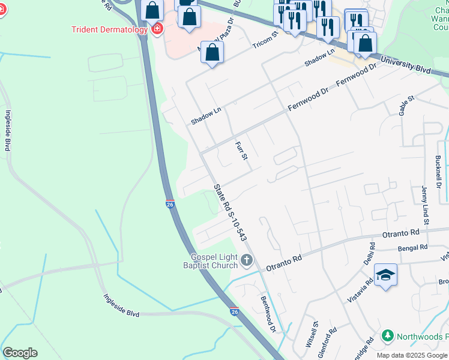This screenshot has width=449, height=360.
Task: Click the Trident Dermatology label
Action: [109, 29]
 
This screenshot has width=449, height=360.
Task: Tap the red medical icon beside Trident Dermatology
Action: [157, 29]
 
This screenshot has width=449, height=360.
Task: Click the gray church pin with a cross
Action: [247, 261]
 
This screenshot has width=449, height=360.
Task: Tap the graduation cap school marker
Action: [385, 275]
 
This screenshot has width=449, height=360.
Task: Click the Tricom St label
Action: [266, 41]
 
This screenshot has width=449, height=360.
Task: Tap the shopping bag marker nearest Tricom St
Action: [212, 52]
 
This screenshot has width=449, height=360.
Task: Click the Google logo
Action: [20, 353]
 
